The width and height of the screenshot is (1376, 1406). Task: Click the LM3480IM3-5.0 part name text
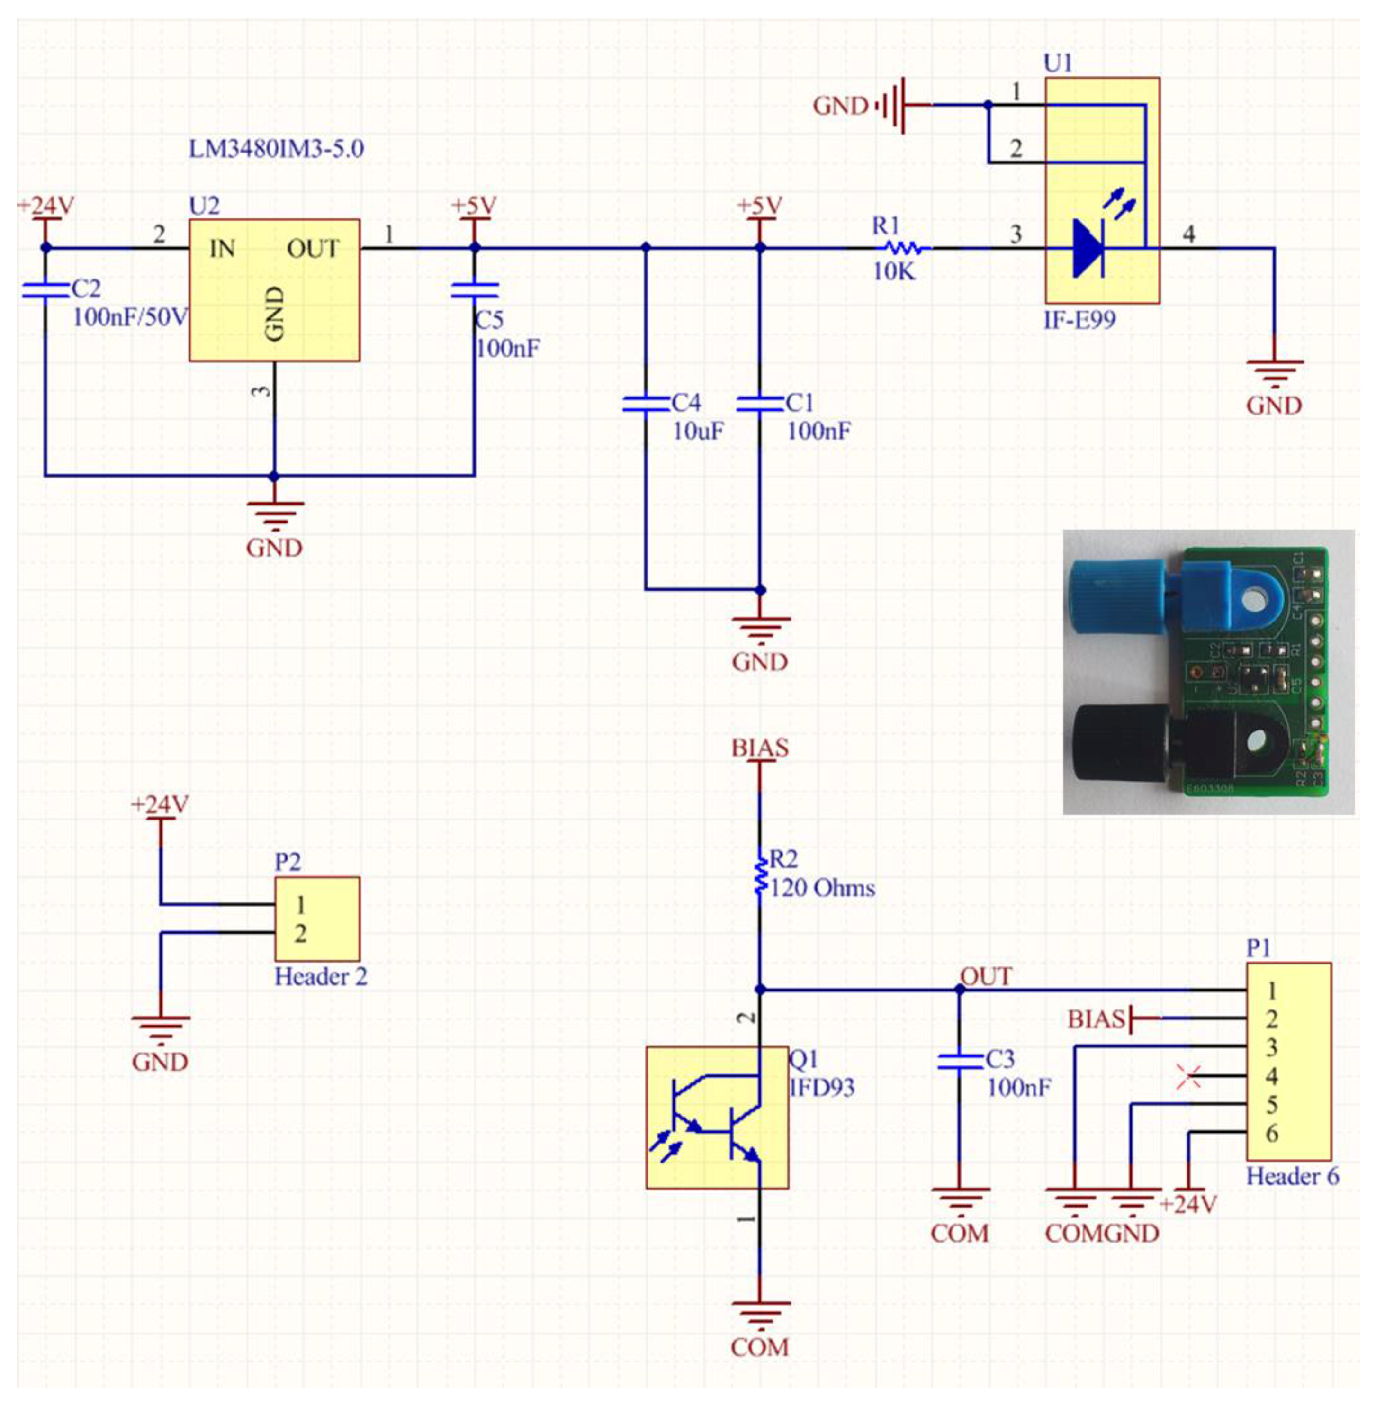276,149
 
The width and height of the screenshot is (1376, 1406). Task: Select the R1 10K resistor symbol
903,249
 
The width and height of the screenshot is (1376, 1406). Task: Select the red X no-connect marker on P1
1189,1077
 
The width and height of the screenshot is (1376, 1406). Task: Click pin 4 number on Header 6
1272,1077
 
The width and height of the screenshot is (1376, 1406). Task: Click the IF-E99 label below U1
1079,319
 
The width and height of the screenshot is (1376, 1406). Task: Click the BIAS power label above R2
760,748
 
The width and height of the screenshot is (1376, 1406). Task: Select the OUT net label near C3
986,977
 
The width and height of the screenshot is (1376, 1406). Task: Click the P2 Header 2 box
316,919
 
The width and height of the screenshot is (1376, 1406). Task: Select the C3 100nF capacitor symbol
960,1062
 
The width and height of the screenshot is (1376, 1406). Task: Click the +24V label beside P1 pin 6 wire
1189,1204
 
